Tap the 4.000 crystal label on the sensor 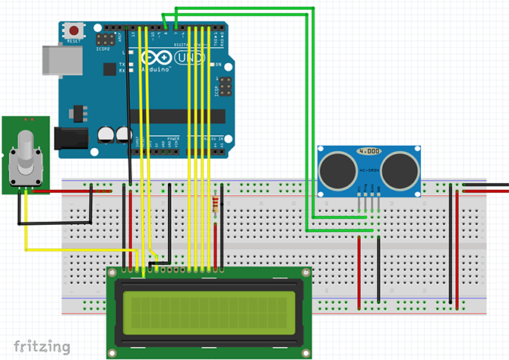[x=368, y=151]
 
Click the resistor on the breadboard [x=219, y=203]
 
